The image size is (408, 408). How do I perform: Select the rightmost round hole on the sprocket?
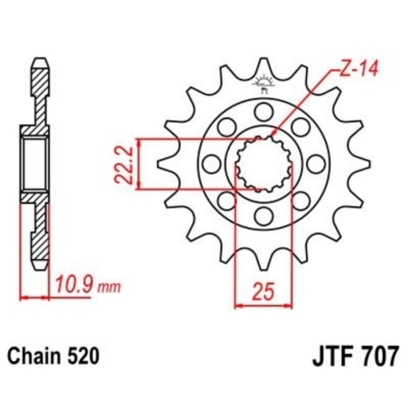(x=315, y=163)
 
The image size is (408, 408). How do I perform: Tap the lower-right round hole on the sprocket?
(x=300, y=201)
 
